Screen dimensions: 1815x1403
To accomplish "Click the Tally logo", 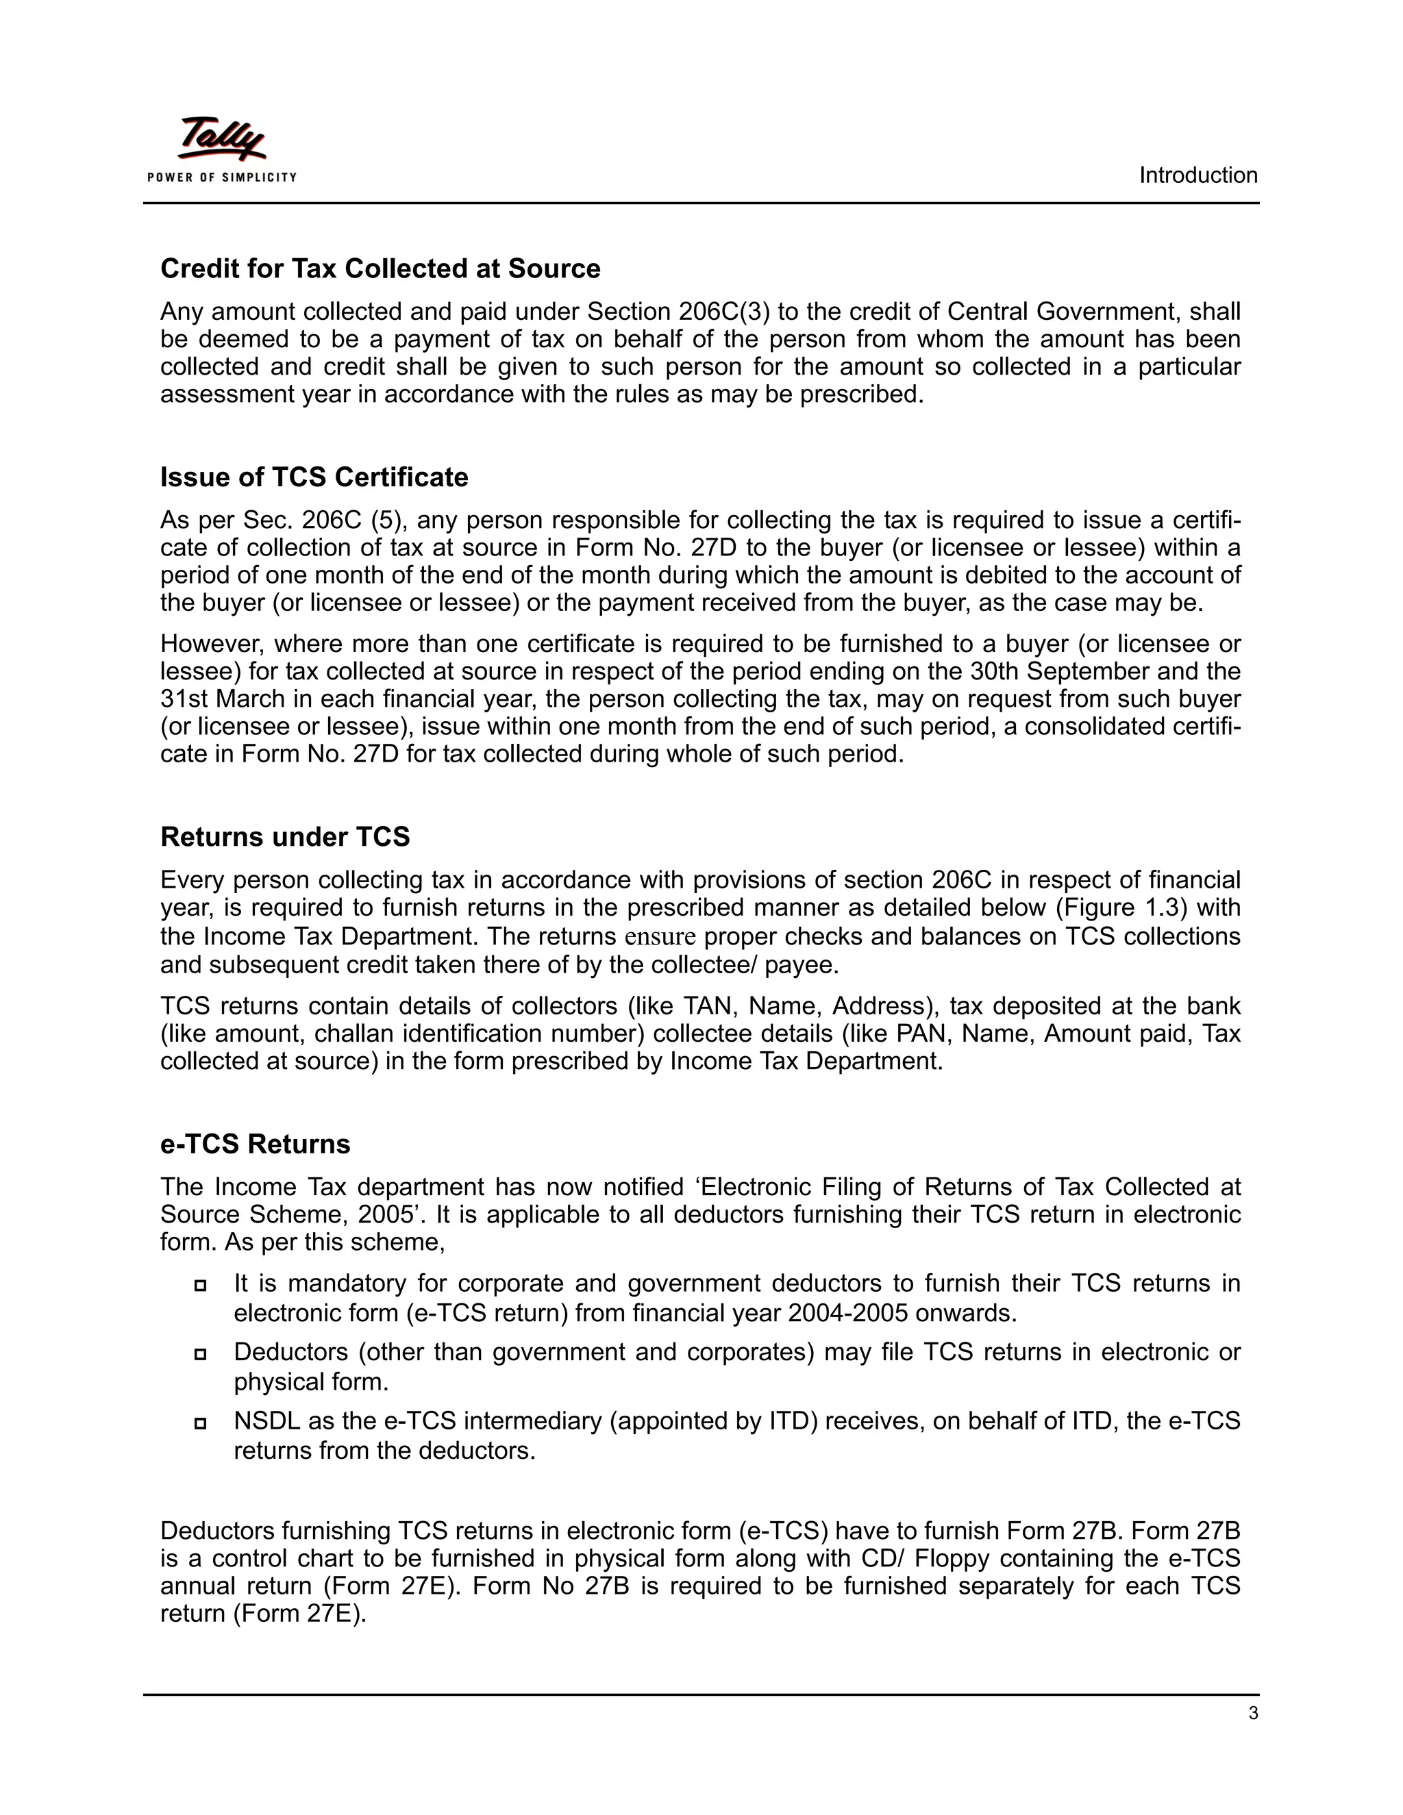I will [x=221, y=139].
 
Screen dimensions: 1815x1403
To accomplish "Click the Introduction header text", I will [x=1197, y=175].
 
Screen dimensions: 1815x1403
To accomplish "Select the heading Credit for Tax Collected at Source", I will [x=380, y=268].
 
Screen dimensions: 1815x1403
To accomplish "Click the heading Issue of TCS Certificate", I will [x=314, y=477].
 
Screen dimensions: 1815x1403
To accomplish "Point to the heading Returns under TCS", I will [x=285, y=837].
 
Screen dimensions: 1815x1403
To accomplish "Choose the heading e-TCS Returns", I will [x=255, y=1144].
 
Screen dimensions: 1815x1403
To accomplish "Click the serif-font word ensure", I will [x=659, y=936].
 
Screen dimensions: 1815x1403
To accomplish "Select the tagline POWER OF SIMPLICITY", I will [x=221, y=177].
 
